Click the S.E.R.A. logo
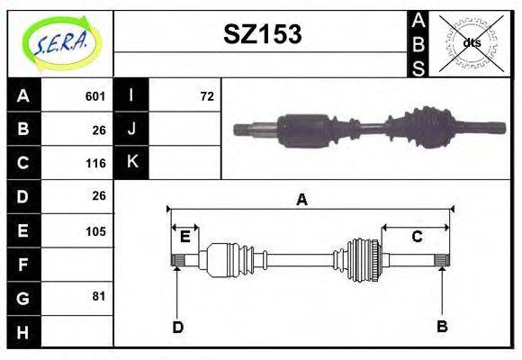(61, 43)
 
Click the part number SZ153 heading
(263, 34)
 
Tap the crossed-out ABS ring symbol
(471, 43)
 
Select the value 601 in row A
(95, 96)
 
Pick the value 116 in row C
(95, 163)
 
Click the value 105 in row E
(95, 231)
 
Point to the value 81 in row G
(99, 296)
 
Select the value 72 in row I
(207, 96)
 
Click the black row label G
(23, 298)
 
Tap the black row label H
(23, 332)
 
